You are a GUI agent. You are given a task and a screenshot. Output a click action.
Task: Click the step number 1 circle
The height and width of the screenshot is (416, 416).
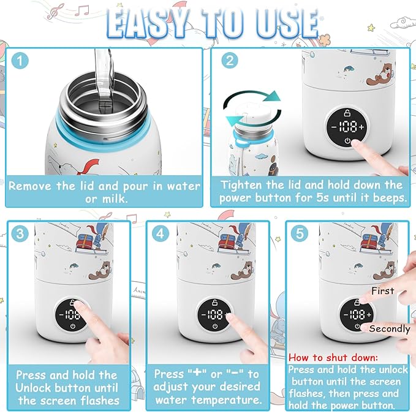coord(20,61)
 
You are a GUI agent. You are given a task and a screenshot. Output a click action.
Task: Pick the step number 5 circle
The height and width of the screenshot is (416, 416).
coord(298,234)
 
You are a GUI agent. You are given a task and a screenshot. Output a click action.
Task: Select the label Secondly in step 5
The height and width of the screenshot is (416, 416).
coord(390,329)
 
